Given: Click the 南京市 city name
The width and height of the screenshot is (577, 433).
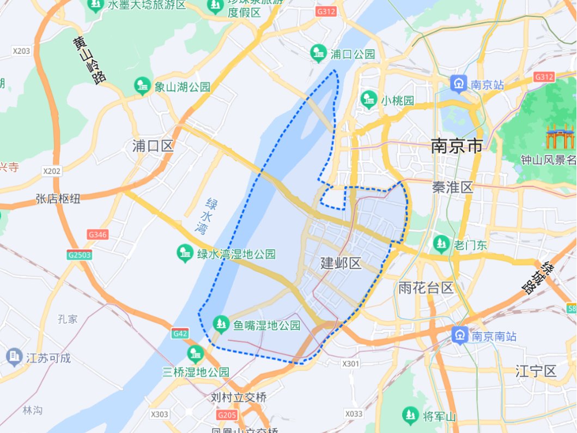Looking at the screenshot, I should click(457, 146).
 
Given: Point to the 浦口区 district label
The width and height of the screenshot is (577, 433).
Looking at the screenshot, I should click(153, 146).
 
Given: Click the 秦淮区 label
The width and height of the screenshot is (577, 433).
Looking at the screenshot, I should click(452, 188).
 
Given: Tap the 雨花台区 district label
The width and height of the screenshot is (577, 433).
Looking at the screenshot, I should click(426, 288).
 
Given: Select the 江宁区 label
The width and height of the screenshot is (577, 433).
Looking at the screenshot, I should click(536, 372).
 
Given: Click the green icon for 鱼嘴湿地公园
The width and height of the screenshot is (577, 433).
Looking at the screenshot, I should click(221, 324).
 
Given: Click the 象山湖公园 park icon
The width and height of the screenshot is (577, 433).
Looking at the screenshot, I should click(142, 86).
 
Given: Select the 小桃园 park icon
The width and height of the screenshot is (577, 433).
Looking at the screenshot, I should click(369, 100).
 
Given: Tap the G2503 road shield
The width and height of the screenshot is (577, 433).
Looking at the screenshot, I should click(80, 255).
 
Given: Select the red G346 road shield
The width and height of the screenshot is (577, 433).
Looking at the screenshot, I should click(98, 235).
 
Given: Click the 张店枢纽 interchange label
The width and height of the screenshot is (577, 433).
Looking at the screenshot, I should click(58, 199).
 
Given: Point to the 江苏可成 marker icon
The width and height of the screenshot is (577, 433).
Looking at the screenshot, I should click(13, 358).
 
